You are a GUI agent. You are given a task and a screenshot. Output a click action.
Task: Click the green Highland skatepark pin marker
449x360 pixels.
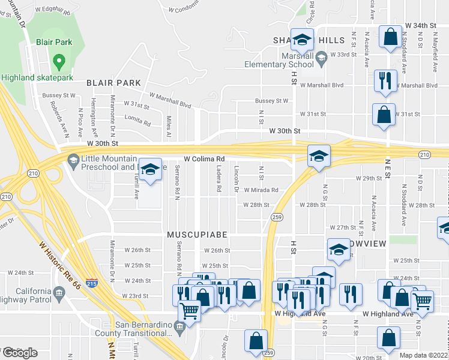(x=58, y=61)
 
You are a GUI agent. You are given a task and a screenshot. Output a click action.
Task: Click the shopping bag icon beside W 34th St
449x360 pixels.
(x=390, y=36)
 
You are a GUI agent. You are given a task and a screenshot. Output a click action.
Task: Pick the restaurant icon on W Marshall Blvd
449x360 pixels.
(x=385, y=80)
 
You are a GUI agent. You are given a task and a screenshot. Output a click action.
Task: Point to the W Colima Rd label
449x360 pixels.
(x=203, y=159)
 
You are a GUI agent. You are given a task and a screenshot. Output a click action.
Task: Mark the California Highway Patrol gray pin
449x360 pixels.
(x=59, y=293)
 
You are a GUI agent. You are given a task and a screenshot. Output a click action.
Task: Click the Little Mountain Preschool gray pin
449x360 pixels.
(x=73, y=160)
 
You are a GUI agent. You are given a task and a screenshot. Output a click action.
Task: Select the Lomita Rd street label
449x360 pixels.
(x=139, y=123)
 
